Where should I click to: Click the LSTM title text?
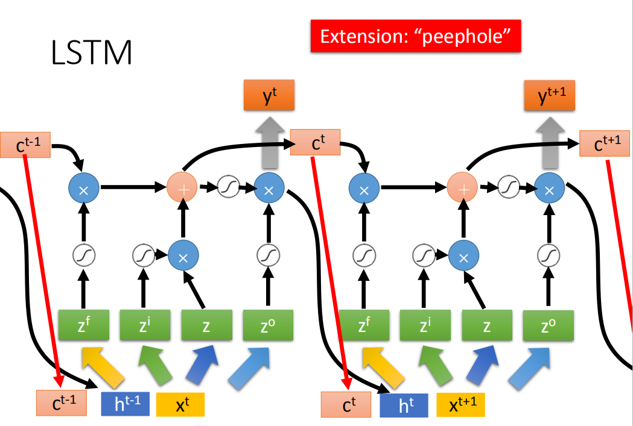[x=92, y=53]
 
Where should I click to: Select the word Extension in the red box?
[x=359, y=36]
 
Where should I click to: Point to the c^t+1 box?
[x=605, y=143]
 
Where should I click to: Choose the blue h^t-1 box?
[x=125, y=404]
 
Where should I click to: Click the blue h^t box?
[x=404, y=405]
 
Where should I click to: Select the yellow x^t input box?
[x=180, y=404]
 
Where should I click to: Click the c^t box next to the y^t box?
[x=315, y=143]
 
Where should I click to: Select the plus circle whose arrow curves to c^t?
[x=183, y=189]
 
